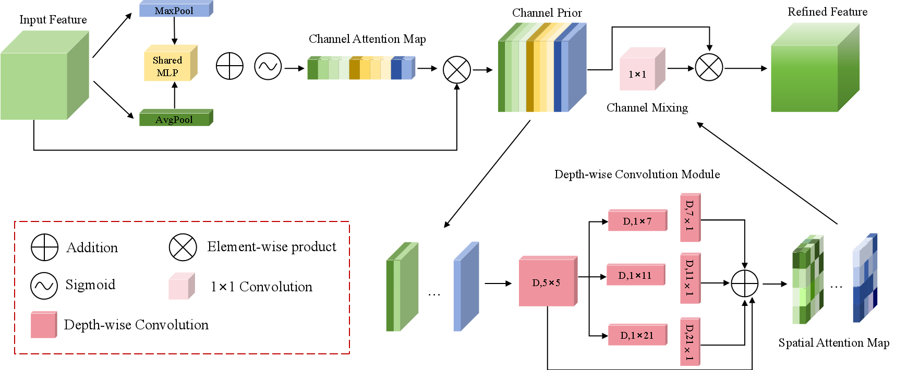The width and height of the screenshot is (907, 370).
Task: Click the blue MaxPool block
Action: click(174, 10)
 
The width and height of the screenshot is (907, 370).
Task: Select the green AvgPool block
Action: click(174, 119)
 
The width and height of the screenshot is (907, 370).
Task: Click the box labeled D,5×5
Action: click(547, 282)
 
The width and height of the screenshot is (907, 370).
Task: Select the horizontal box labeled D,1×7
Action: click(637, 221)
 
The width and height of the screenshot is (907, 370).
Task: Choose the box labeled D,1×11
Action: click(635, 275)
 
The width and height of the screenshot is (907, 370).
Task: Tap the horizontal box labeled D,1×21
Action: click(637, 335)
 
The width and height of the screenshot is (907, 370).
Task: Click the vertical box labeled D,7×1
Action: click(690, 218)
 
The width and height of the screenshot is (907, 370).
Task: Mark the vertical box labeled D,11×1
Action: click(690, 278)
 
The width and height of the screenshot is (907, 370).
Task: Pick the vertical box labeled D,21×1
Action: click(690, 341)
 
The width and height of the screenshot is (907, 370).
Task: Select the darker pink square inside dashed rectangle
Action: click(43, 325)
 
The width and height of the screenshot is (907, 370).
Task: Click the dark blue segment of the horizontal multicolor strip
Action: click(396, 69)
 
